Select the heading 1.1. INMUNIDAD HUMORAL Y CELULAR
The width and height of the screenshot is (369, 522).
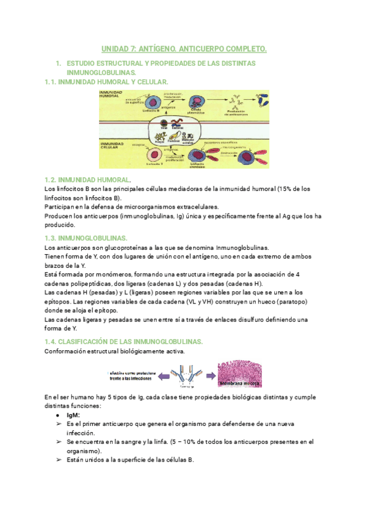coord(104,81)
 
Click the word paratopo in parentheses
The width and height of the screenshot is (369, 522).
coord(287,302)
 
